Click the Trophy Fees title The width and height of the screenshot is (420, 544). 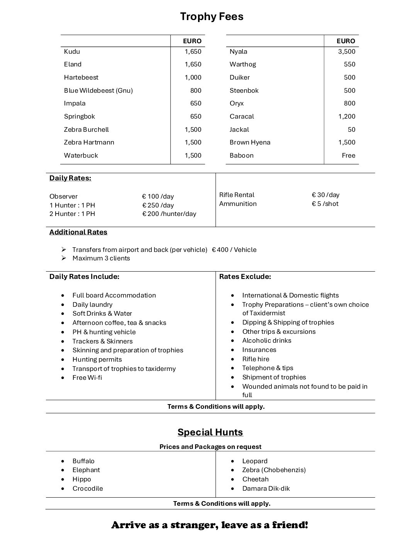tap(212, 17)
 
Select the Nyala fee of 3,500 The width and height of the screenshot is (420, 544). tap(346, 51)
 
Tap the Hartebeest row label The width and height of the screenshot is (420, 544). tap(81, 77)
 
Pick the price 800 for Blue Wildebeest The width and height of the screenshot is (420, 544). tap(196, 90)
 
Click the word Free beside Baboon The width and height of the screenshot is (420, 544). tap(348, 155)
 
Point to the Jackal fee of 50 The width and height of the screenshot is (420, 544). tap(351, 129)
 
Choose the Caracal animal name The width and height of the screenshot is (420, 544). tap(242, 116)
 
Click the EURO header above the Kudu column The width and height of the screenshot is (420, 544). tap(192, 41)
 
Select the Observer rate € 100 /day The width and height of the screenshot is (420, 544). tap(158, 196)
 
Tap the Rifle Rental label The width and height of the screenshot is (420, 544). tap(237, 195)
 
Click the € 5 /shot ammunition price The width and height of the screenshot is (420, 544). tap(325, 204)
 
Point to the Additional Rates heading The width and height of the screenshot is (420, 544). tap(78, 232)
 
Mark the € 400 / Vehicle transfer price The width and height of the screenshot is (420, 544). tap(234, 250)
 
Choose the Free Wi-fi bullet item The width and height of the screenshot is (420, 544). tap(87, 377)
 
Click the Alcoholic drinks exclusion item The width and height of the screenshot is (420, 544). tap(267, 340)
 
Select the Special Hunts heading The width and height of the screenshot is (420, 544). tap(210, 432)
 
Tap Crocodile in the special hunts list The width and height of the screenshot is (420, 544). tap(88, 488)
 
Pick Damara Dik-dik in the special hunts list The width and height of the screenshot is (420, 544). tap(266, 488)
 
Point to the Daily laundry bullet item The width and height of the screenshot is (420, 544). tap(92, 304)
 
